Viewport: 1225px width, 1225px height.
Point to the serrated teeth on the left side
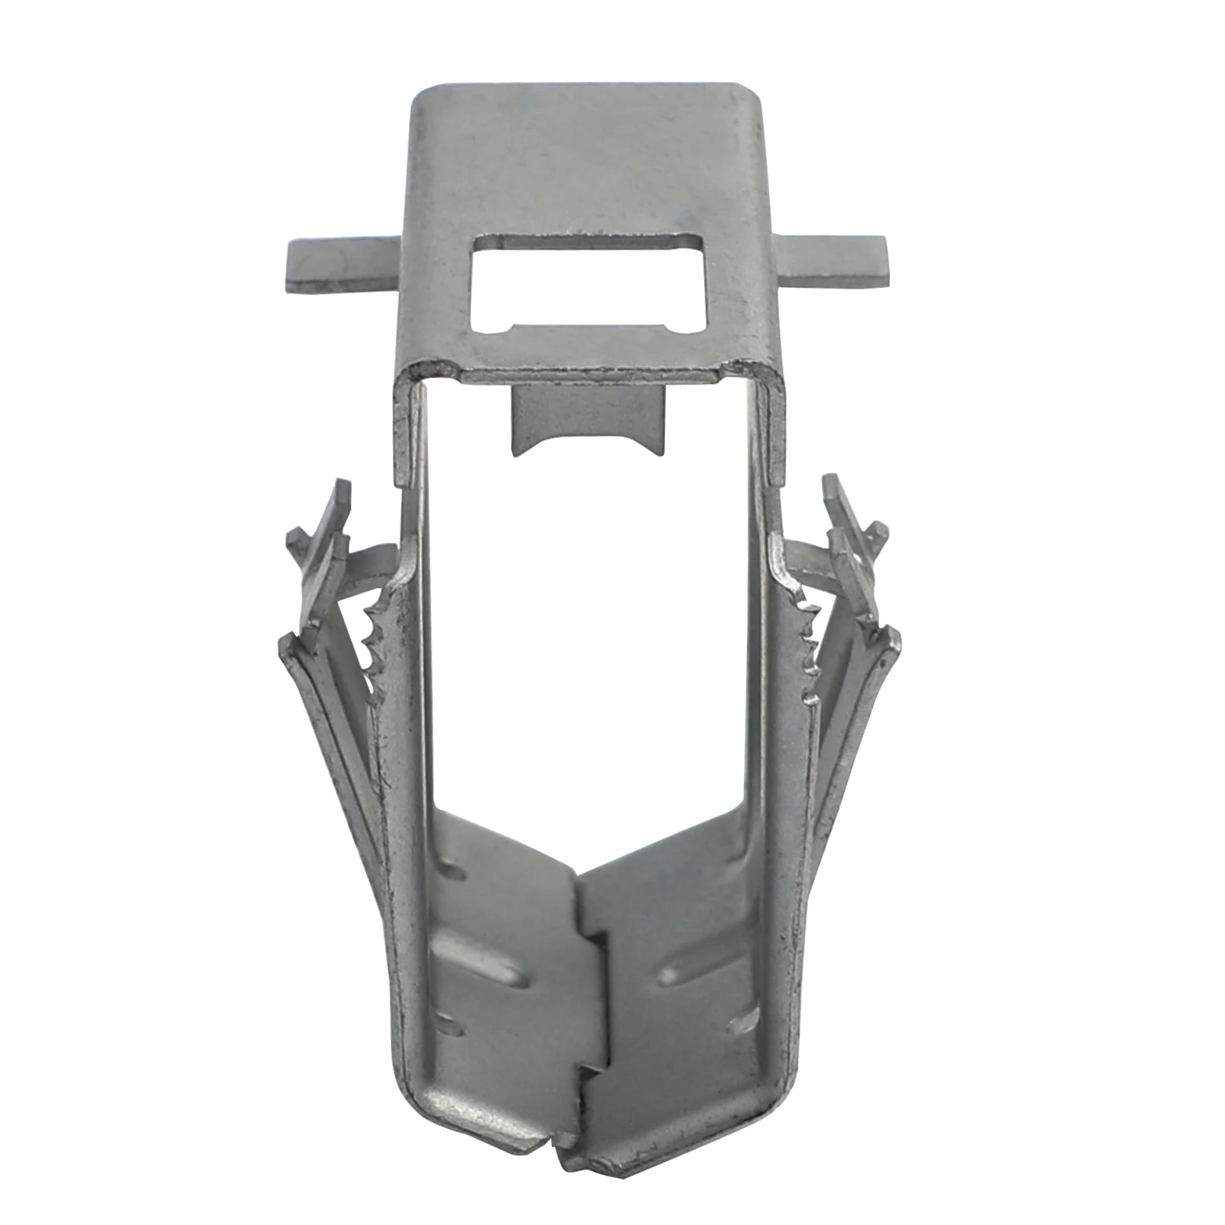(x=374, y=638)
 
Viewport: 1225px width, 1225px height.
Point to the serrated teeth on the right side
(x=810, y=638)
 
